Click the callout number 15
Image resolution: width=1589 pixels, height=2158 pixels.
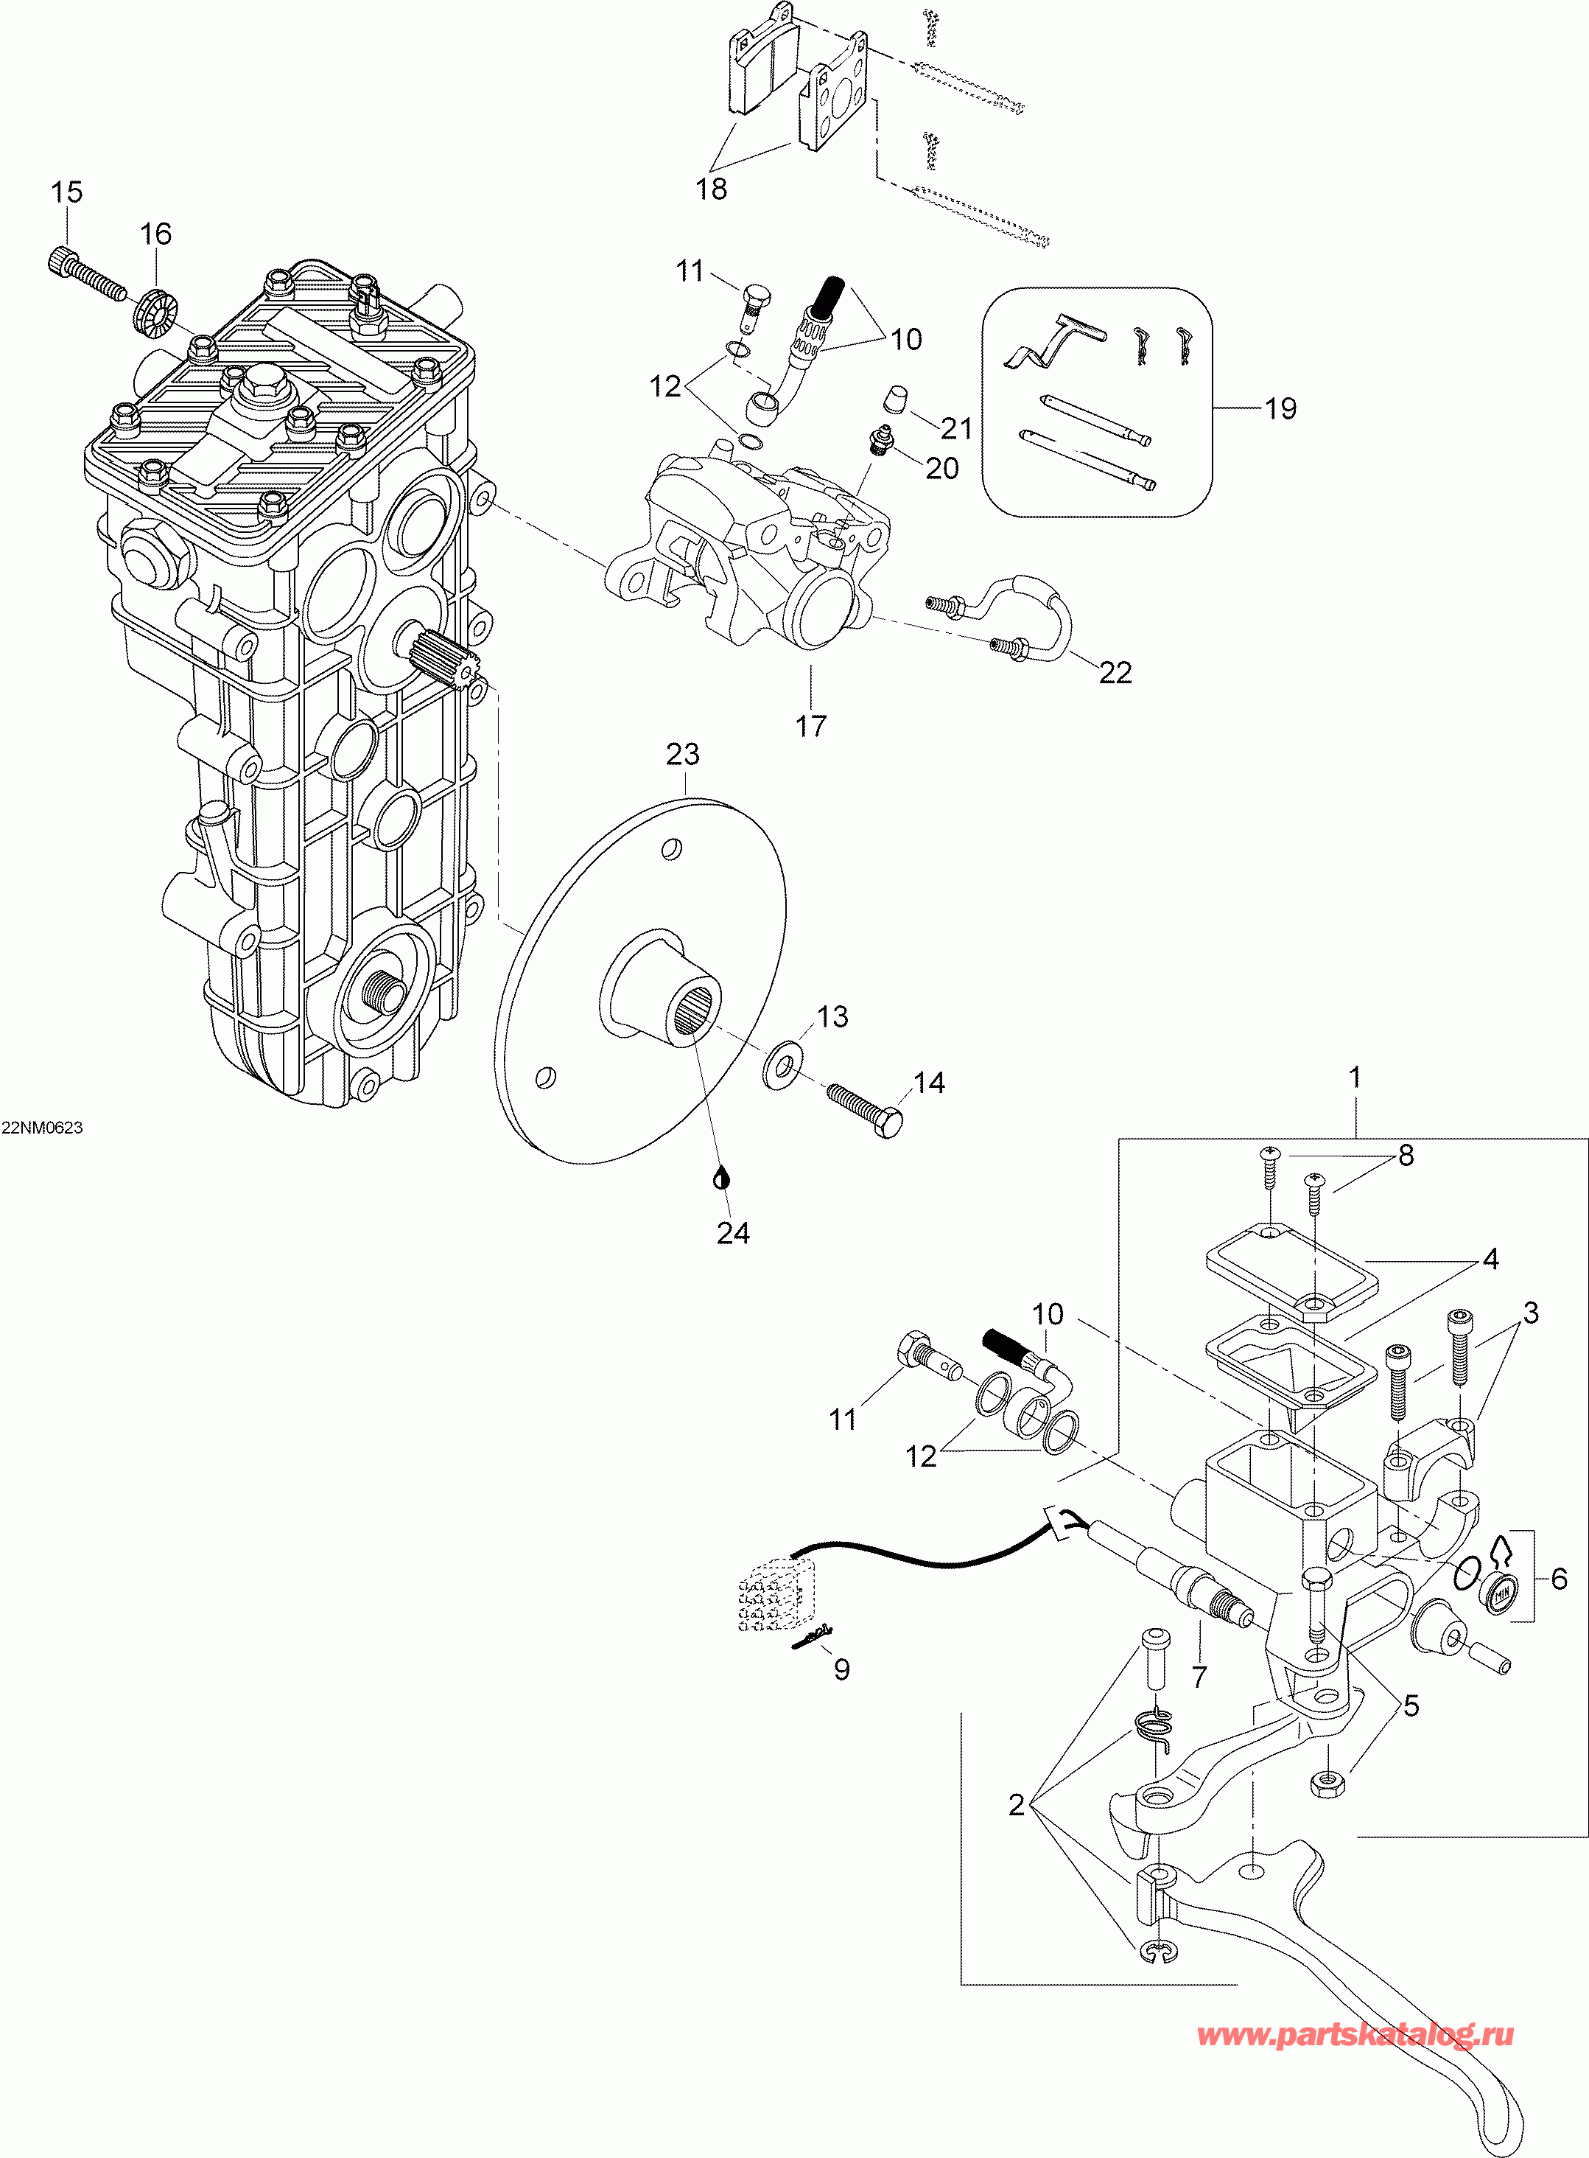point(66,192)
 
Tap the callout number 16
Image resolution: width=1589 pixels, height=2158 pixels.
point(156,234)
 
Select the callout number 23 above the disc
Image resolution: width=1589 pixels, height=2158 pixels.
point(683,754)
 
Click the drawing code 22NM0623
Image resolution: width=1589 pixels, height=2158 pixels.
point(42,1128)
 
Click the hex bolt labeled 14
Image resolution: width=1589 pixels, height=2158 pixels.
point(865,1108)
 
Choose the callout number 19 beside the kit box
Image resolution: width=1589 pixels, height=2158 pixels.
point(1280,409)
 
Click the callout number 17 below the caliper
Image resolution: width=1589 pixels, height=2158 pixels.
point(811,725)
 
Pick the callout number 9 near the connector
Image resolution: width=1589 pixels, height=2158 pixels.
point(841,1669)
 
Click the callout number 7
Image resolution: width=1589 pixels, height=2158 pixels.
point(1199,1677)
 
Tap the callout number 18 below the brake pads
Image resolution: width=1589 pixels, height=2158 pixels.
point(712,189)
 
